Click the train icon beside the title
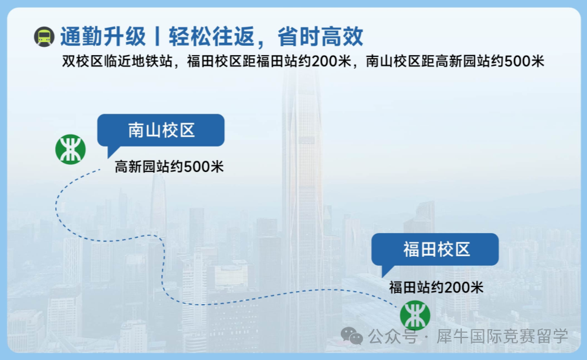(44, 37)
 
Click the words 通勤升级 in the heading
(103, 37)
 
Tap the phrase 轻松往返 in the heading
(212, 37)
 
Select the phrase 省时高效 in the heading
(320, 37)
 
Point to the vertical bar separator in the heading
(157, 37)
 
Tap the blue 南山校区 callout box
(161, 130)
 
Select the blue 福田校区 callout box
(435, 250)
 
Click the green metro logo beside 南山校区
(71, 149)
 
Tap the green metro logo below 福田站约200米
(415, 316)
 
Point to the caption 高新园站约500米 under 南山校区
(169, 167)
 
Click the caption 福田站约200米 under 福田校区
(436, 287)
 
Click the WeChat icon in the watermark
(352, 336)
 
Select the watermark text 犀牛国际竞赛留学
(502, 336)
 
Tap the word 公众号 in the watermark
(393, 336)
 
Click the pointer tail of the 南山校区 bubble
(111, 151)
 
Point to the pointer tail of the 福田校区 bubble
(387, 270)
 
